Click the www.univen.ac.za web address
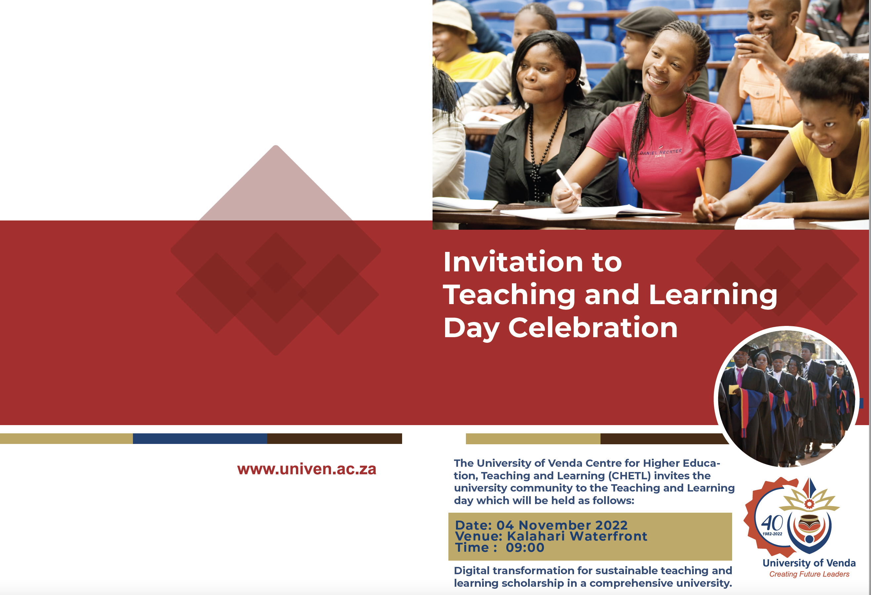[307, 469]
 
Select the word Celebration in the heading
[593, 328]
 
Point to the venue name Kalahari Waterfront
[577, 536]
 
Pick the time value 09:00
[525, 547]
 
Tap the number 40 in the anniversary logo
[772, 523]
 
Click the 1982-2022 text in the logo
[772, 534]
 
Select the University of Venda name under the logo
[809, 563]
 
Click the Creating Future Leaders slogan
[809, 574]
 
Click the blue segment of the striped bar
[200, 439]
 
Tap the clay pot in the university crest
[809, 523]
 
